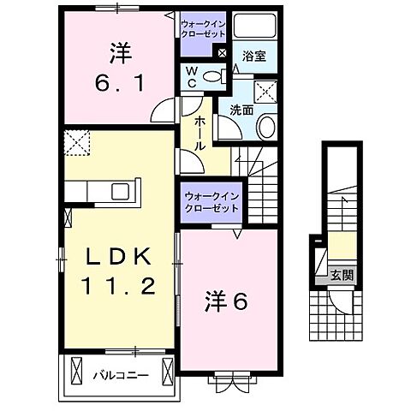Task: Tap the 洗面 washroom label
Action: (x=237, y=109)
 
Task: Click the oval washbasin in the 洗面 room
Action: (x=266, y=129)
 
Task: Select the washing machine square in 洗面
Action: (x=266, y=90)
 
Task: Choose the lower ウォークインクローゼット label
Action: (x=209, y=202)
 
